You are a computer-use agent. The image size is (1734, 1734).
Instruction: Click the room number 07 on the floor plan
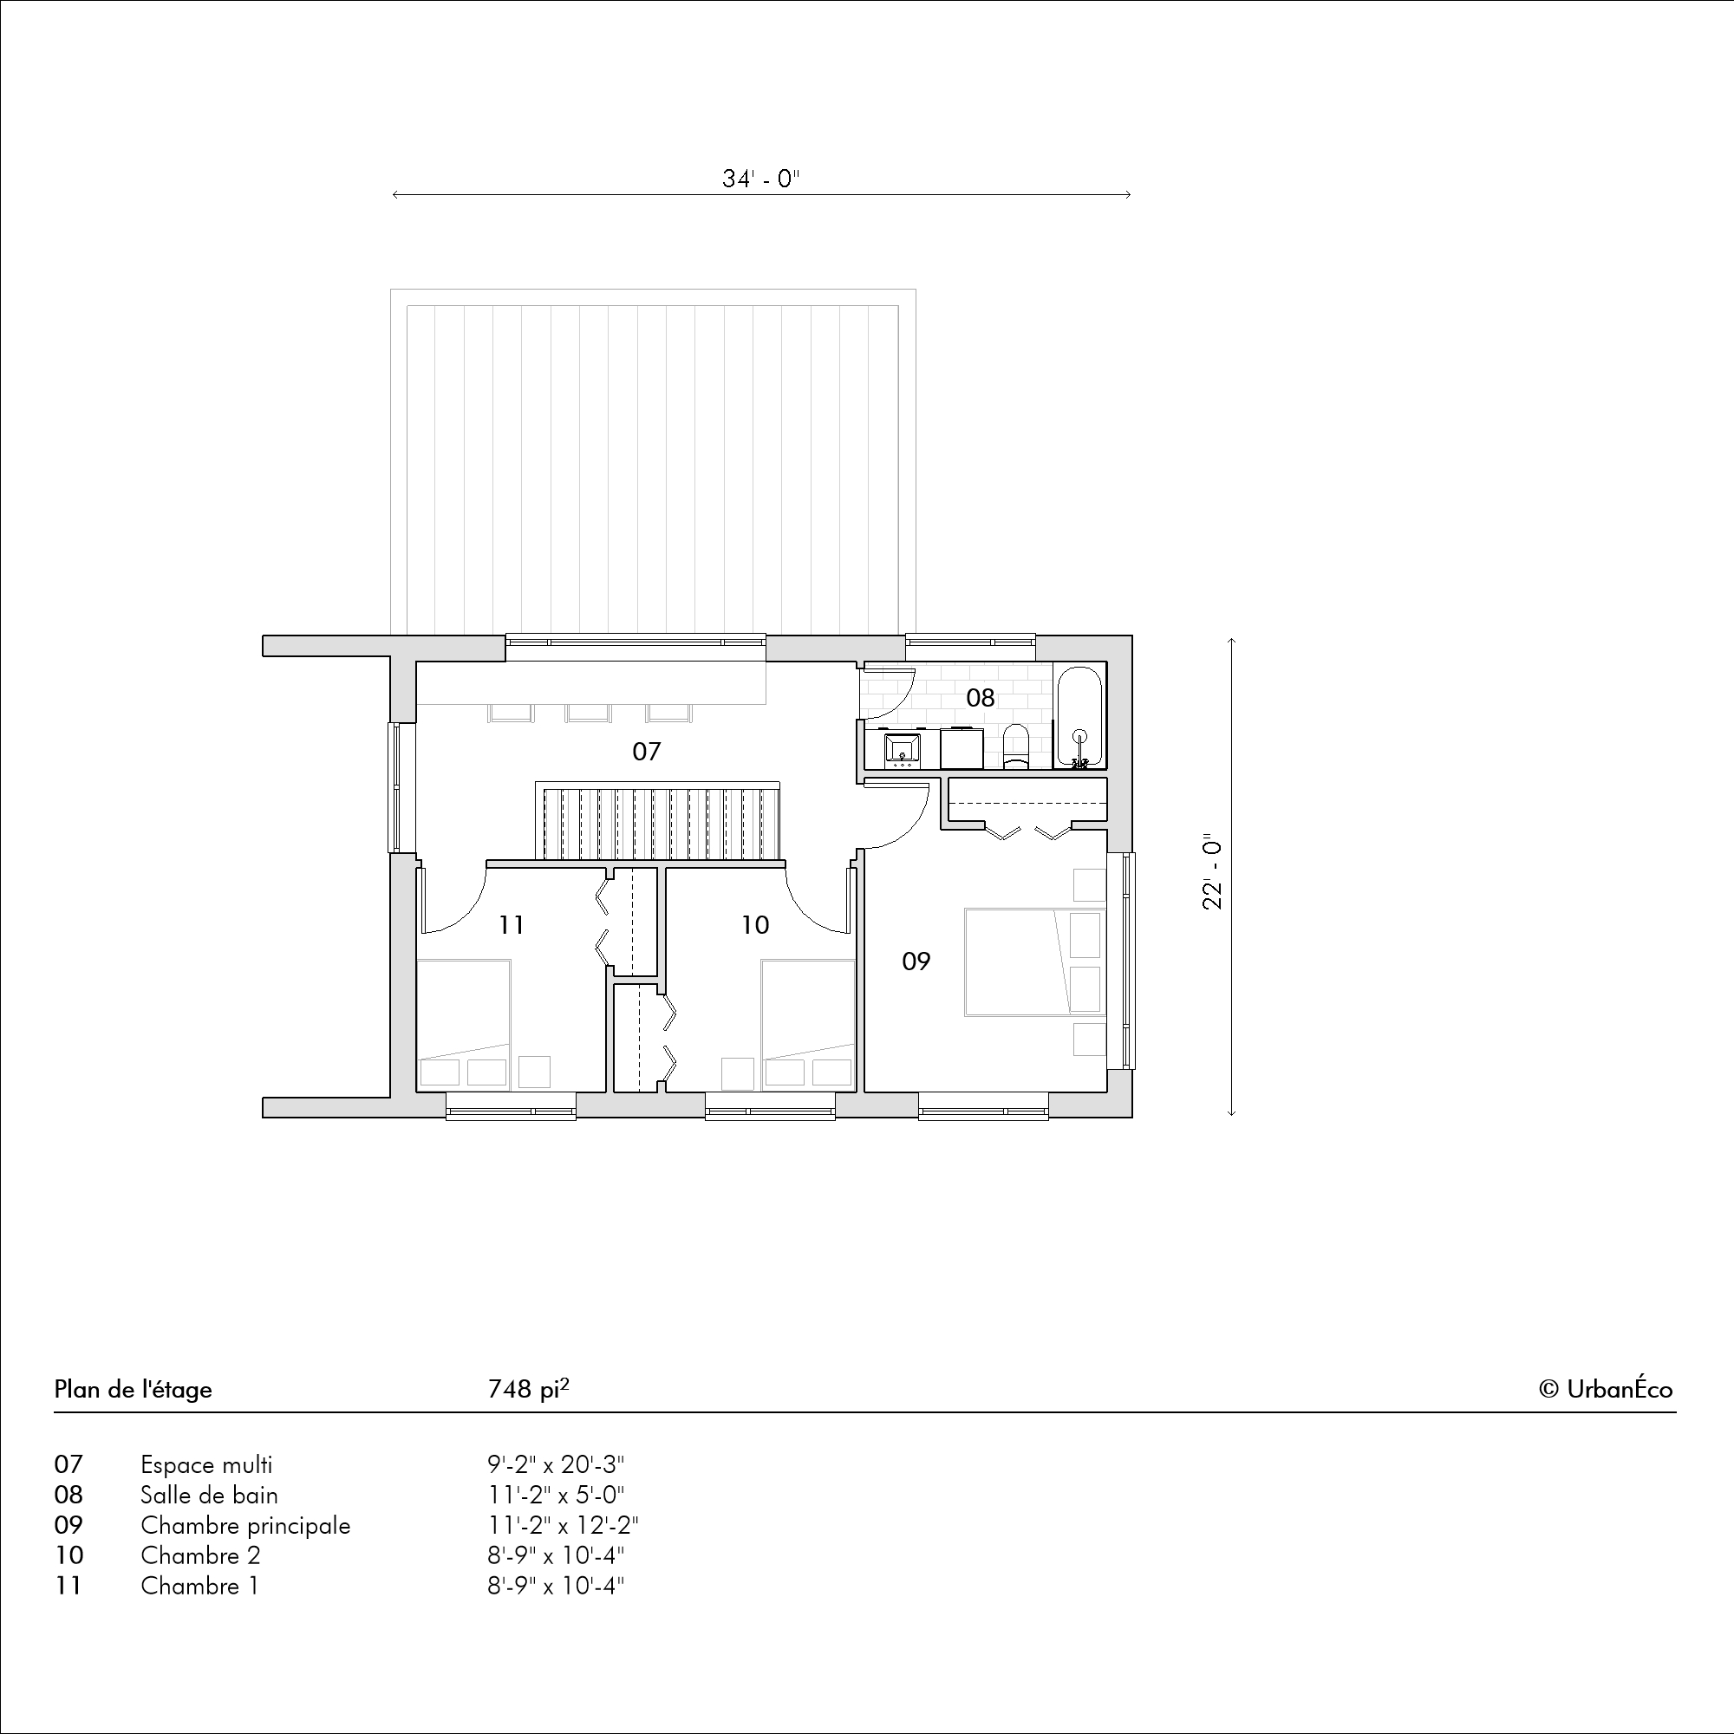tap(646, 751)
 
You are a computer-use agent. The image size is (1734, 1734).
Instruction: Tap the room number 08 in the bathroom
tap(980, 697)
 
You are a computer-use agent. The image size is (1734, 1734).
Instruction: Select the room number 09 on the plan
tap(916, 962)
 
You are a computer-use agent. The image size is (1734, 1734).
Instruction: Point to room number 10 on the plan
tap(756, 924)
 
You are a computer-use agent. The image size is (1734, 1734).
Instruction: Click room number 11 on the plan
tap(512, 924)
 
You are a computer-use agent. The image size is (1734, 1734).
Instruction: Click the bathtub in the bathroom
tap(1079, 716)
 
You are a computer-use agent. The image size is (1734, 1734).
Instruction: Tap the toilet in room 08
tap(1016, 746)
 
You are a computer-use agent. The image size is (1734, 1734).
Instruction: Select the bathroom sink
tap(902, 749)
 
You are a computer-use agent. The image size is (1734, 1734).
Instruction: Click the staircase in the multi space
tap(658, 820)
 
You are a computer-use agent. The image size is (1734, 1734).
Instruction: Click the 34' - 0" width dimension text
tap(761, 179)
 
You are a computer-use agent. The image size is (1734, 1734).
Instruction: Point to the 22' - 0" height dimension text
tap(1213, 874)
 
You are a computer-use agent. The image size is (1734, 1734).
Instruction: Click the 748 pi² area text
tap(529, 1388)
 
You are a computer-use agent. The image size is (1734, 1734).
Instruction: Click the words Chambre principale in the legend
tap(245, 1525)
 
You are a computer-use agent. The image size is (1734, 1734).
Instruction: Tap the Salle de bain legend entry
tap(209, 1495)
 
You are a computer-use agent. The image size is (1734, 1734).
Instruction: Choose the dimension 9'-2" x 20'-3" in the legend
tap(557, 1463)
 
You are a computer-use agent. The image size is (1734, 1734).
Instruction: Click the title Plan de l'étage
tap(133, 1389)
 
